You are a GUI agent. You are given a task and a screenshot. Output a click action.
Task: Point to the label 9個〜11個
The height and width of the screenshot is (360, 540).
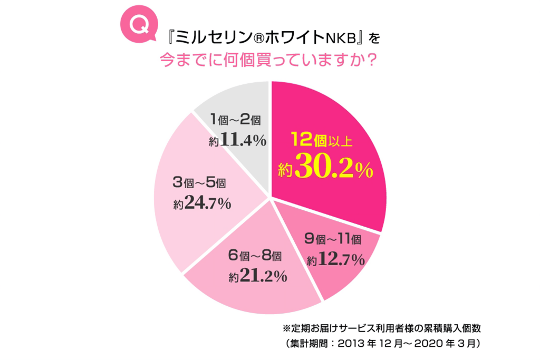pyautogui.click(x=333, y=240)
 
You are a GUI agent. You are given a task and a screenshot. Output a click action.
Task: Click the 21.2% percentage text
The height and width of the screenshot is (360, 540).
pyautogui.click(x=264, y=276)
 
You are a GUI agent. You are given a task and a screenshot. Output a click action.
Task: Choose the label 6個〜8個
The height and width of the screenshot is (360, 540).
pyautogui.click(x=255, y=257)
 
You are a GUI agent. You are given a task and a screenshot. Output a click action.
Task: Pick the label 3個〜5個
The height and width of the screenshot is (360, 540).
pyautogui.click(x=199, y=183)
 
